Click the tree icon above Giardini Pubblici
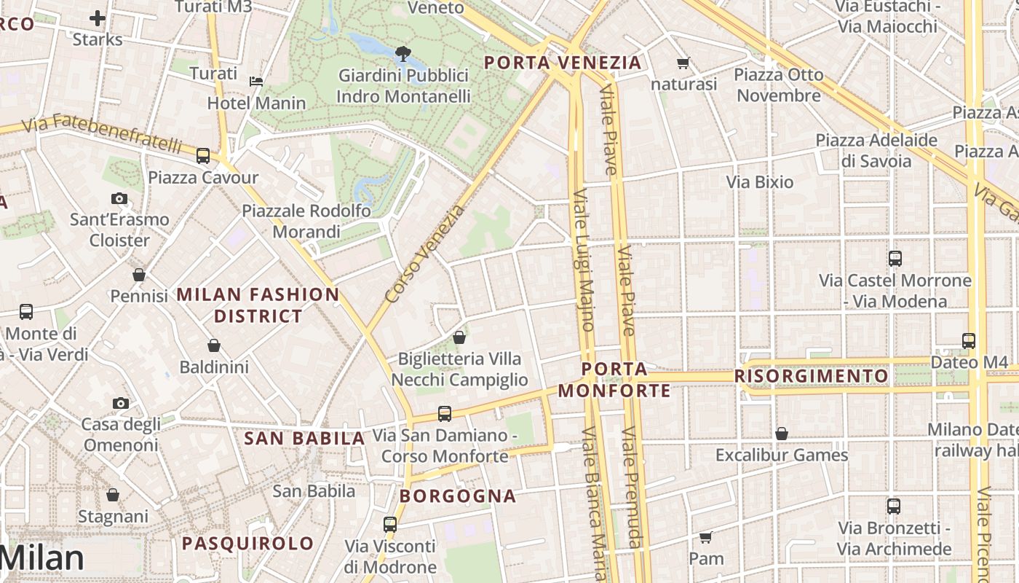pyautogui.click(x=402, y=53)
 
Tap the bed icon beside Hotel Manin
pyautogui.click(x=256, y=81)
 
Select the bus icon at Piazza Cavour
pyautogui.click(x=203, y=155)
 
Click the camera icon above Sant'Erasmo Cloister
pyautogui.click(x=119, y=198)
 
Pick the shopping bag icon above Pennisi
pyautogui.click(x=139, y=275)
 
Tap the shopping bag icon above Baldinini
pyautogui.click(x=214, y=345)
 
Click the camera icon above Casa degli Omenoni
pyautogui.click(x=121, y=403)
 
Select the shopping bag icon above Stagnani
pyautogui.click(x=113, y=495)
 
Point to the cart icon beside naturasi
pyautogui.click(x=683, y=63)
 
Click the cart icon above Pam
pyautogui.click(x=705, y=538)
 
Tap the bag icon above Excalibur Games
pyautogui.click(x=782, y=434)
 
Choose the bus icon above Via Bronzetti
pyautogui.click(x=894, y=506)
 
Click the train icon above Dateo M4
pyautogui.click(x=969, y=340)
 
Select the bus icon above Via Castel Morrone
pyautogui.click(x=895, y=258)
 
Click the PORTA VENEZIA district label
pyautogui.click(x=563, y=63)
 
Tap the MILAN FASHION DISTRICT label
pyautogui.click(x=258, y=305)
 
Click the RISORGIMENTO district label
pyautogui.click(x=811, y=376)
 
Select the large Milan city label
pyautogui.click(x=42, y=558)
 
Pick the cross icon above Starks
pyautogui.click(x=98, y=17)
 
